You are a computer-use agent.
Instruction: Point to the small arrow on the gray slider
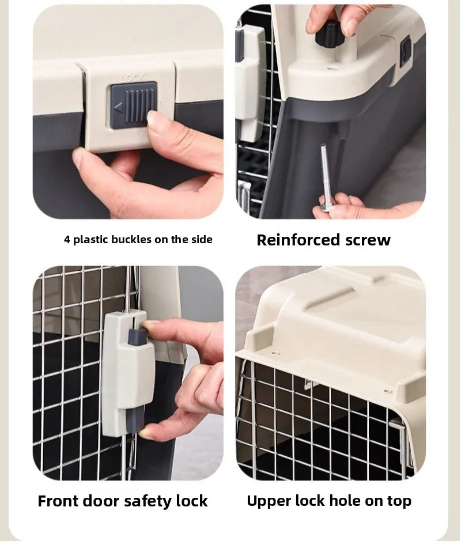point(118,107)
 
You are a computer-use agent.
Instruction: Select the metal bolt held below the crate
point(324,175)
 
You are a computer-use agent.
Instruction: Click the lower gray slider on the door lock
point(136,419)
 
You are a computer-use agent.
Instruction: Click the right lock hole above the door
point(387,391)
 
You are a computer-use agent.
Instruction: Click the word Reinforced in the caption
point(297,240)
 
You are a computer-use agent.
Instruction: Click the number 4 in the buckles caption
point(67,240)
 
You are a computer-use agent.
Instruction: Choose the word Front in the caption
point(61,501)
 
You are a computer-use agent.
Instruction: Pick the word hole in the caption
point(343,501)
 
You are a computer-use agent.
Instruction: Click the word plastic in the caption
point(92,240)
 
